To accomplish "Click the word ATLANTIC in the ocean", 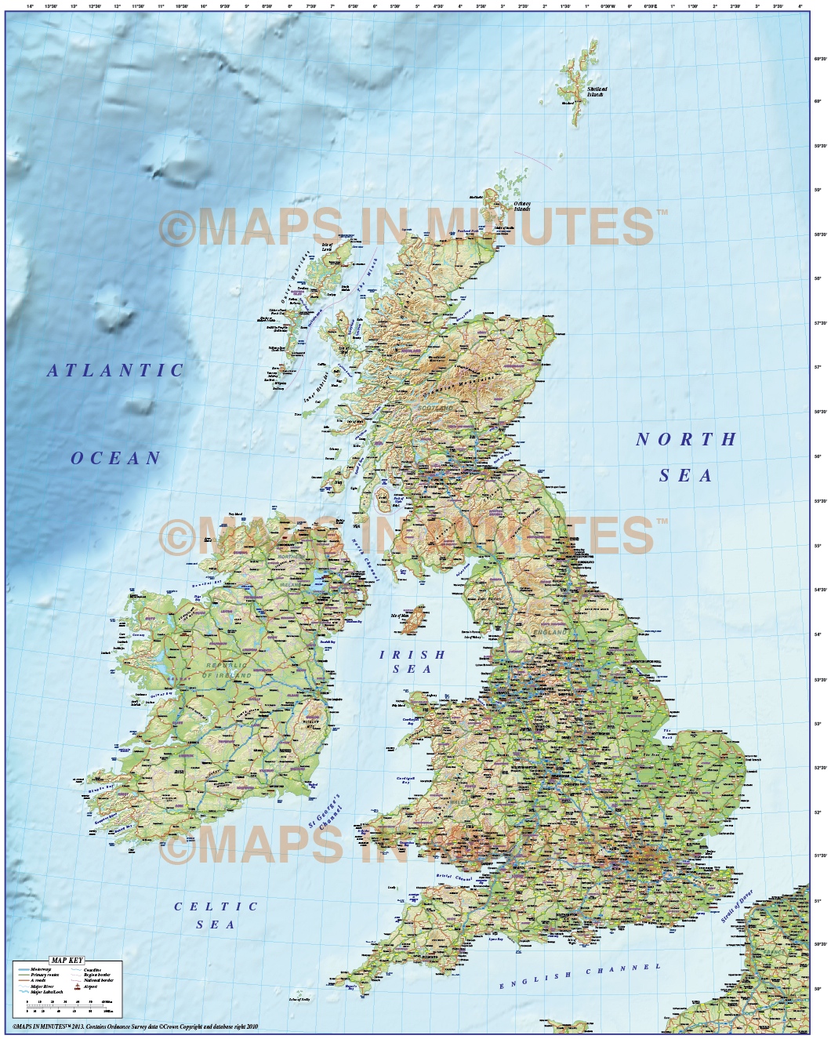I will click(115, 371).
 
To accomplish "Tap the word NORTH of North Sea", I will click(686, 440).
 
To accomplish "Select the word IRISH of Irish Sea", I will click(412, 655).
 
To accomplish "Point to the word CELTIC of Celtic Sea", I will click(216, 906).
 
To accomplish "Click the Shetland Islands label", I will click(597, 91).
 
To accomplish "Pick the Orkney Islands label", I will click(522, 206).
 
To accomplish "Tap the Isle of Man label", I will click(400, 616).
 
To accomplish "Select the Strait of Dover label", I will click(736, 906).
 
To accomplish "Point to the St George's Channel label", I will click(326, 811).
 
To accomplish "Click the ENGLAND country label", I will click(550, 631).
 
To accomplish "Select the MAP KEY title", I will click(67, 961).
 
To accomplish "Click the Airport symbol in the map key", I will click(77, 986).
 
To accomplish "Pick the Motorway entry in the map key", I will click(41, 970).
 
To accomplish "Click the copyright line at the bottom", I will click(135, 1026).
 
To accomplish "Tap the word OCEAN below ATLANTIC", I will click(116, 459).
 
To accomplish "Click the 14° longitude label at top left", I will click(30, 6).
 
